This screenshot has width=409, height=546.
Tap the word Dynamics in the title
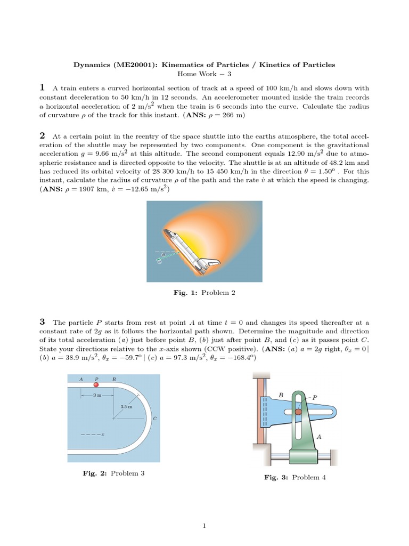click(x=91, y=65)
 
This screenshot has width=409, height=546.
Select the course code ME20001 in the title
click(x=134, y=65)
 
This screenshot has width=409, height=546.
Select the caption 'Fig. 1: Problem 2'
click(x=204, y=293)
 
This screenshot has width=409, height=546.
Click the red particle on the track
click(x=96, y=384)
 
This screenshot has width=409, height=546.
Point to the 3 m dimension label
click(x=97, y=395)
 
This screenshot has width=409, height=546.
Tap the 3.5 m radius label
click(x=126, y=406)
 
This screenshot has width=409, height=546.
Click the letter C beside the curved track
click(x=154, y=419)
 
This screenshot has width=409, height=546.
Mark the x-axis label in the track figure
click(x=102, y=435)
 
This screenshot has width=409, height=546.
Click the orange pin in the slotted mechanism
click(x=299, y=412)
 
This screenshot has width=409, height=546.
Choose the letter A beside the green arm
click(x=319, y=436)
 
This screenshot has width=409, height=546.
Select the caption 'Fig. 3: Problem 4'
click(x=295, y=477)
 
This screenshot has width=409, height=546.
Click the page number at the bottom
click(x=204, y=526)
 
